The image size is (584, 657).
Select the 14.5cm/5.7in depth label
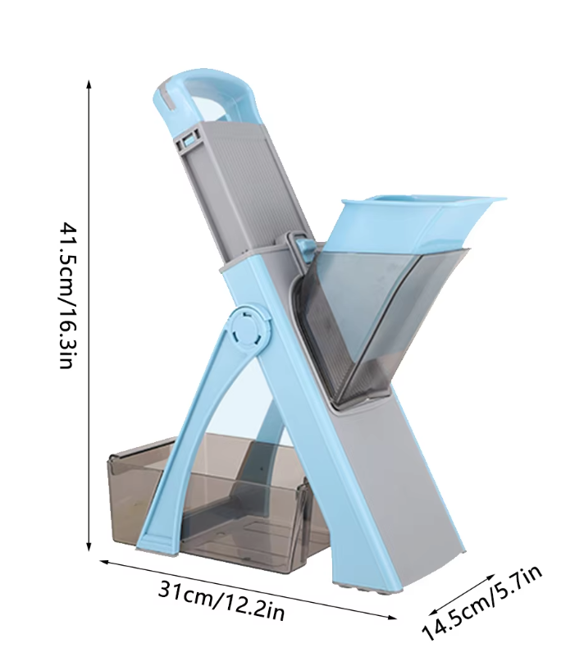481,602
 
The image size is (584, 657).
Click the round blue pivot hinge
247,327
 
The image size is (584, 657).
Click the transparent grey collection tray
218,503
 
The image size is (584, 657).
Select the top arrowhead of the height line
89,84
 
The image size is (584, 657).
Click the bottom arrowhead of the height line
89,546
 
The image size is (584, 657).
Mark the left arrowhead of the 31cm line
103,562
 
